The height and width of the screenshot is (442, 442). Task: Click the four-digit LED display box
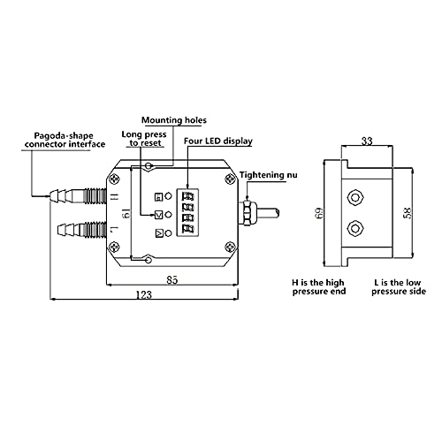tap(187, 212)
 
